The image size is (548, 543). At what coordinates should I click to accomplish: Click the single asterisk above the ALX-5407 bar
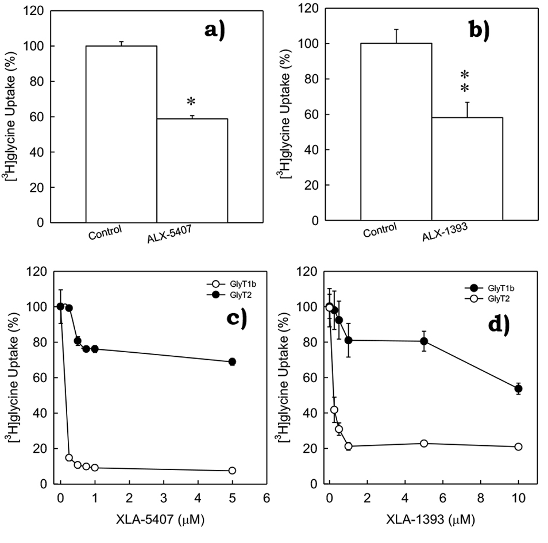[x=191, y=102]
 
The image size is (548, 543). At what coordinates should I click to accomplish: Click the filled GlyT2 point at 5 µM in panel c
[x=233, y=361]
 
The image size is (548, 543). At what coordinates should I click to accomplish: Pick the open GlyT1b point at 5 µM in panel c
[x=233, y=471]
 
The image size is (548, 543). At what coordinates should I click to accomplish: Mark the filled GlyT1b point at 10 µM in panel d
[x=518, y=389]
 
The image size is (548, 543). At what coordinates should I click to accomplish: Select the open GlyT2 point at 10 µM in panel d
[x=518, y=446]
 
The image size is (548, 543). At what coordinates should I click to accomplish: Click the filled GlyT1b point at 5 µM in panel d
[x=424, y=341]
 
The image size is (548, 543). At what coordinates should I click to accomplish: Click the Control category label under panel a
[x=106, y=233]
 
